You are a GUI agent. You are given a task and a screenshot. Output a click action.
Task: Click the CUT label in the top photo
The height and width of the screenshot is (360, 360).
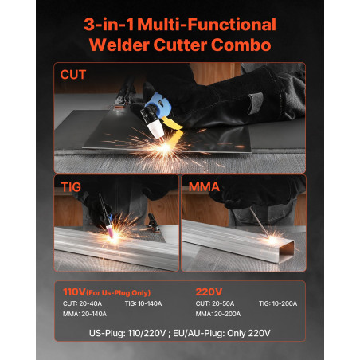click(x=73, y=75)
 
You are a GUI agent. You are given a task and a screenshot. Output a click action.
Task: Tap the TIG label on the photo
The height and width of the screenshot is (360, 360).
click(x=71, y=187)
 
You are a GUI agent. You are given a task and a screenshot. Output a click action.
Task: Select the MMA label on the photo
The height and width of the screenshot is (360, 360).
click(x=204, y=186)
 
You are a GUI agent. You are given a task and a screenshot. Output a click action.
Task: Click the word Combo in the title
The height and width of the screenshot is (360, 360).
click(x=241, y=45)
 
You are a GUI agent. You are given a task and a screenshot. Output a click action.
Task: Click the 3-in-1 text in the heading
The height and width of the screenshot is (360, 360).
click(x=109, y=25)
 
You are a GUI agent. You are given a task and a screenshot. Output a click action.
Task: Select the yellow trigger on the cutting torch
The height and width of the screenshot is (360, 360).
click(x=173, y=124)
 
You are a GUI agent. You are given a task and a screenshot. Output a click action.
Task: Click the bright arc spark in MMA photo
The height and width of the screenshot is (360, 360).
click(x=272, y=240)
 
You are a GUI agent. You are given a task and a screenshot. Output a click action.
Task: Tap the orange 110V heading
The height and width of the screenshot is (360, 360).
click(x=74, y=292)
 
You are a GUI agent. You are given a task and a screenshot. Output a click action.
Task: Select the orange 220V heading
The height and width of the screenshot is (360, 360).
click(x=209, y=292)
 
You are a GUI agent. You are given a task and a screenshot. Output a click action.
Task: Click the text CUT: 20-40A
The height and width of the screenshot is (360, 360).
click(x=82, y=303)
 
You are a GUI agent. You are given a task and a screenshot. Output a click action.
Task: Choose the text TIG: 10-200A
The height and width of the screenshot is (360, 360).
click(x=278, y=303)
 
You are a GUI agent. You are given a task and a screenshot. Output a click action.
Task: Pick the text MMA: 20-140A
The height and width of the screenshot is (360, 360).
click(x=84, y=314)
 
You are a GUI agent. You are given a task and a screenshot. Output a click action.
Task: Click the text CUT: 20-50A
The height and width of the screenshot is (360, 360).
click(x=215, y=303)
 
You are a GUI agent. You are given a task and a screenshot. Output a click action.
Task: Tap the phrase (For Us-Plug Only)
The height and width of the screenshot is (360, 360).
click(x=119, y=293)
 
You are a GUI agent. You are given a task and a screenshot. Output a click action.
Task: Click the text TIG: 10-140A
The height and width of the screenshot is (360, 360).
click(x=143, y=303)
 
